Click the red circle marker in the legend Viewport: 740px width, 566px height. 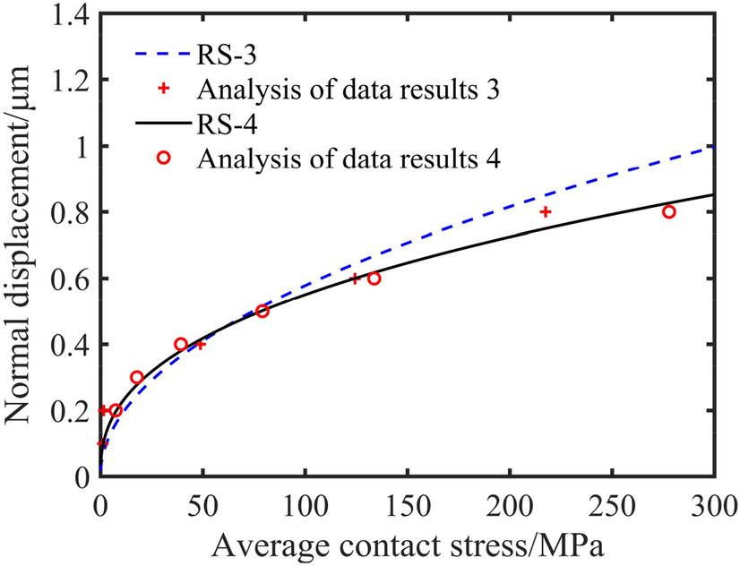[164, 158]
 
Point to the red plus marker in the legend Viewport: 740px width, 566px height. [164, 90]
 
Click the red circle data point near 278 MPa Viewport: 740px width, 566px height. [668, 212]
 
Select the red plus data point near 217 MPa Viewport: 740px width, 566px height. [545, 212]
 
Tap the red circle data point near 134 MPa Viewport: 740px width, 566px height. [374, 279]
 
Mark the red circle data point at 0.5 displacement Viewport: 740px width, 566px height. [262, 311]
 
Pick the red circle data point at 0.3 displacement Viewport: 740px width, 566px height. [137, 377]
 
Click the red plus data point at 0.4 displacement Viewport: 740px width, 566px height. [201, 344]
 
